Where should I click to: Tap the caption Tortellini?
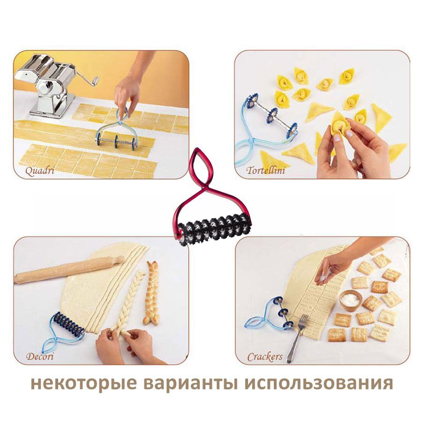[x=266, y=171]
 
